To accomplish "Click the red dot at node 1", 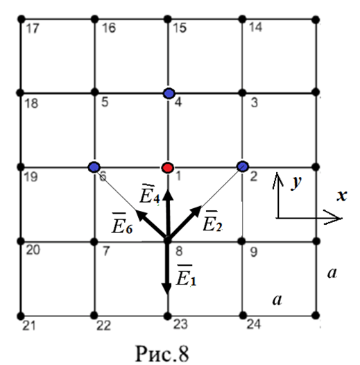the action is [x=168, y=167].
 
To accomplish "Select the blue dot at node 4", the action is [x=169, y=94].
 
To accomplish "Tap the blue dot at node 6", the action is [x=94, y=167].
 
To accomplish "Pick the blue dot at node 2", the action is [x=243, y=167].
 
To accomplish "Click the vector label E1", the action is [x=187, y=275].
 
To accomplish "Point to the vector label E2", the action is [x=212, y=221].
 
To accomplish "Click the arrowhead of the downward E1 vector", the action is [x=167, y=289].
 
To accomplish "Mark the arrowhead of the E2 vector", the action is [x=196, y=211].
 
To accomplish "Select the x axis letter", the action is [x=342, y=195].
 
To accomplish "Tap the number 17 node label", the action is [x=33, y=29].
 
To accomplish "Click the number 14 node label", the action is [x=255, y=27].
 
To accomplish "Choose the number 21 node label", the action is [x=29, y=325].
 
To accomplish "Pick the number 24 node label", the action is [x=253, y=324].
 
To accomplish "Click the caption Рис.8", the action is [x=162, y=354].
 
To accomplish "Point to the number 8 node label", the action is [x=179, y=251].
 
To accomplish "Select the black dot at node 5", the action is [x=94, y=92].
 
